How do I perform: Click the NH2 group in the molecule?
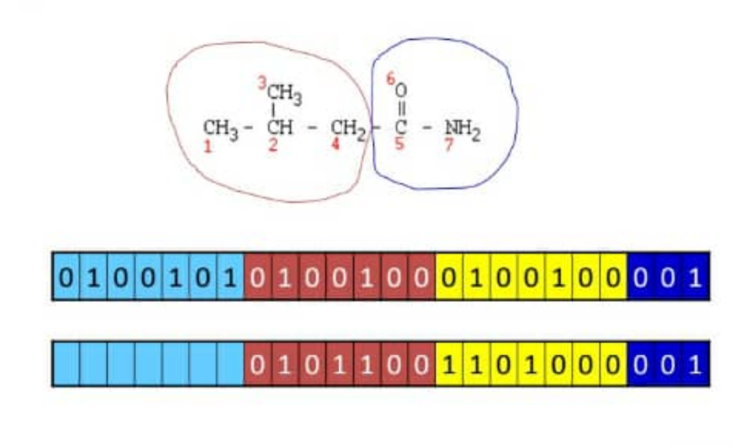pos(463,130)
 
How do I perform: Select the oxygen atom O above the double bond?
pos(401,90)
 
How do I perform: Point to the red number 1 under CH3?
pos(208,146)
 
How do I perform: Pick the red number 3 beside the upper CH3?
pos(262,83)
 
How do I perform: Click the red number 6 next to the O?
pos(391,79)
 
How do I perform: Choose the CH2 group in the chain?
pos(348,130)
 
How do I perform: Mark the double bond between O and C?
pos(401,108)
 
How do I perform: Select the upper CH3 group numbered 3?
pos(285,94)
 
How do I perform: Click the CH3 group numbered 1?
pos(220,130)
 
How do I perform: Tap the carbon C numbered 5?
pos(401,127)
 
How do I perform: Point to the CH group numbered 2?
pos(280,127)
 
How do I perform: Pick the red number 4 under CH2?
pos(335,144)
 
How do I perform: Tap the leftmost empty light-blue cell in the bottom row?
pos(66,364)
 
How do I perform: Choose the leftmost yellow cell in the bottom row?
pos(449,364)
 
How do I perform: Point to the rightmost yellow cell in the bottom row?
pos(613,364)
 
